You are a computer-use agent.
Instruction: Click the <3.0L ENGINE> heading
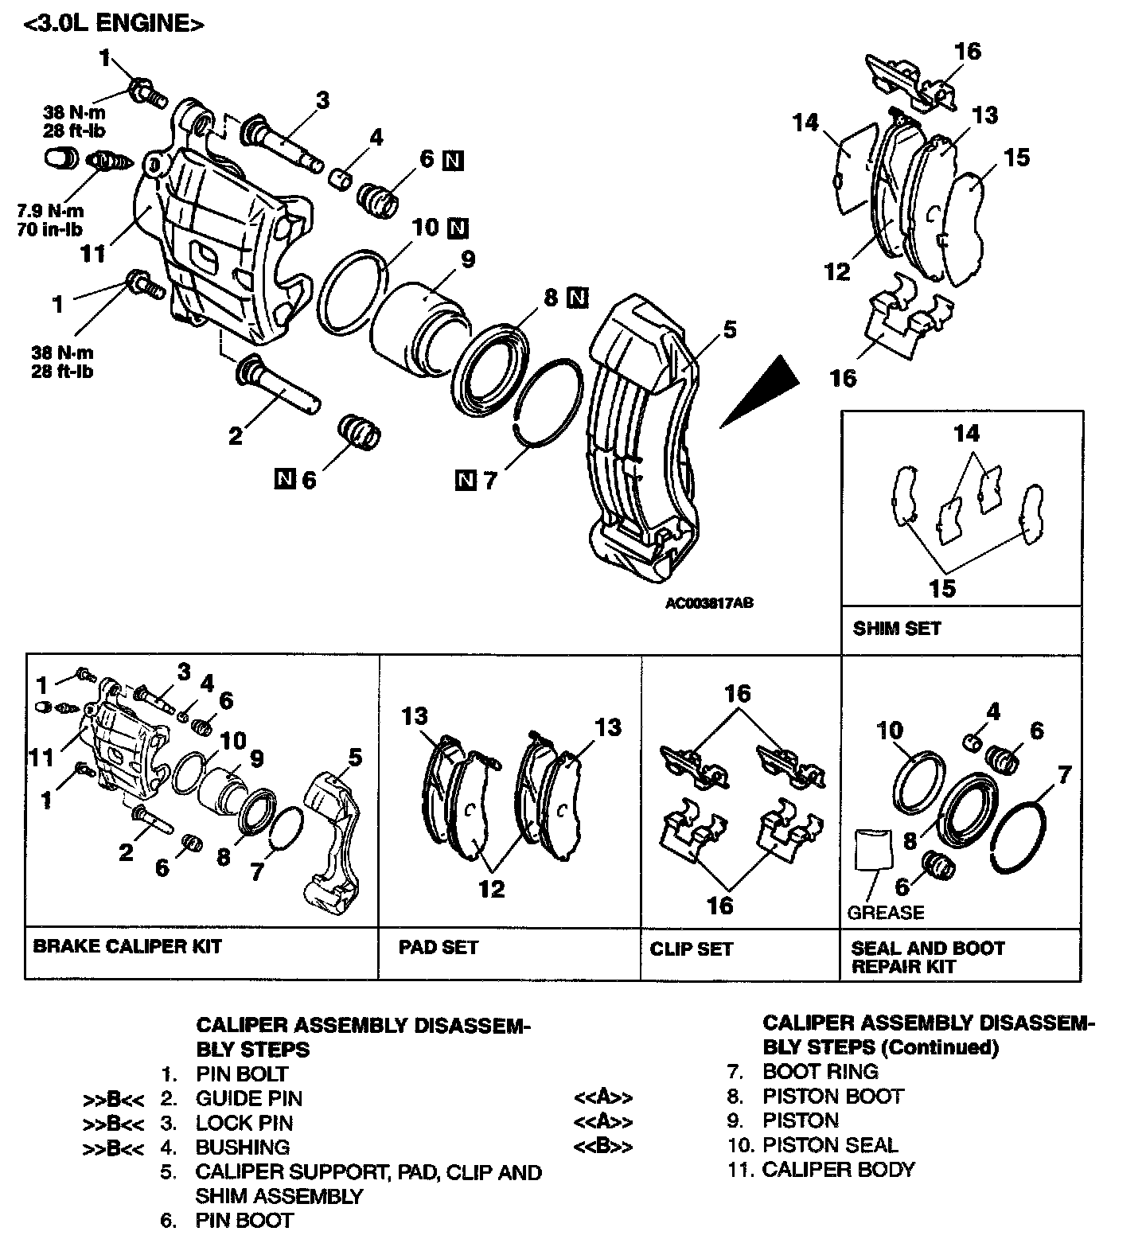[115, 24]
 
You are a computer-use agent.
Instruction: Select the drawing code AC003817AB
[709, 603]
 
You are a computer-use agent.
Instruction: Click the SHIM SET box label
[896, 629]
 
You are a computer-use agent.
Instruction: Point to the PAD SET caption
[439, 947]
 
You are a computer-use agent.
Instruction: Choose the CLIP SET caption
[691, 949]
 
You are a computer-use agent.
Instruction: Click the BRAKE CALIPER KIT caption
[127, 947]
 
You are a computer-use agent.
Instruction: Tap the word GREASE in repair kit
[886, 913]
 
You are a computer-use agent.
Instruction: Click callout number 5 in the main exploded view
[729, 329]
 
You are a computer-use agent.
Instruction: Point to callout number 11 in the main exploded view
[93, 254]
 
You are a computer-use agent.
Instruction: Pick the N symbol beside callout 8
[577, 298]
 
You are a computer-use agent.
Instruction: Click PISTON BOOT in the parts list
[832, 1096]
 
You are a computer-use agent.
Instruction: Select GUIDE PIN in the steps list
[248, 1098]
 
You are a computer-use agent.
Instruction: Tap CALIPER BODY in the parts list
[838, 1169]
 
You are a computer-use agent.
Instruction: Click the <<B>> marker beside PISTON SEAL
[603, 1147]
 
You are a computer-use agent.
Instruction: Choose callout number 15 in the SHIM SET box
[942, 589]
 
